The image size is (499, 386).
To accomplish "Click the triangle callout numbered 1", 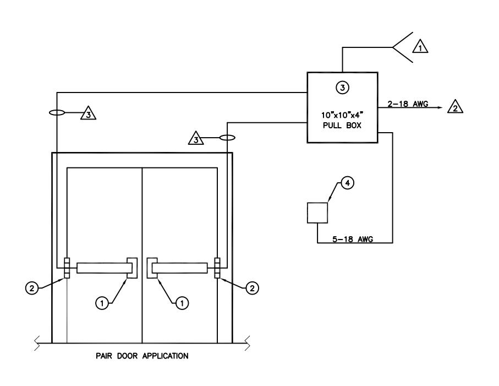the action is (x=420, y=47).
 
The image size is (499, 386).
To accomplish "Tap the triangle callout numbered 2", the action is (x=455, y=107).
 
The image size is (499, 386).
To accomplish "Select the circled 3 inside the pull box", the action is (x=342, y=87).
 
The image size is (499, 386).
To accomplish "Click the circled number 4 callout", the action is (x=347, y=183).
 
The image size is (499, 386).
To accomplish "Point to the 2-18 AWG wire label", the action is (x=408, y=104).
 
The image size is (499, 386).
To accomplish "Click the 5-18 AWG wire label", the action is (x=353, y=239).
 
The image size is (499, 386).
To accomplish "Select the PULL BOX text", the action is (x=342, y=126).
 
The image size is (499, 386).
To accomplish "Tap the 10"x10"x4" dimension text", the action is (x=342, y=115).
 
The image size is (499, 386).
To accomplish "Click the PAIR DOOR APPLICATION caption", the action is (x=142, y=356).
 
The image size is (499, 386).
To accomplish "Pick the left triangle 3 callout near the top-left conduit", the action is (x=88, y=113).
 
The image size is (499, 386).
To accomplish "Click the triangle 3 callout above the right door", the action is (x=196, y=139).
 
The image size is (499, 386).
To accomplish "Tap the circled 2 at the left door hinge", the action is (x=31, y=288).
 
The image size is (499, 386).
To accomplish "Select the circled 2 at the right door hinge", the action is (x=253, y=288).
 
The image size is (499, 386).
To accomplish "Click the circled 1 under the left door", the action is (x=102, y=303).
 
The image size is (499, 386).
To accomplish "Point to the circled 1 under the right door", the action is (x=182, y=303).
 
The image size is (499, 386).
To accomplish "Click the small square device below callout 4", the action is (x=317, y=213).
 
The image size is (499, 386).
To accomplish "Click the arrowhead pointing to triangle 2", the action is (x=440, y=107).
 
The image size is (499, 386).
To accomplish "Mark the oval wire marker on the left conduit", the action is (x=57, y=112).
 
